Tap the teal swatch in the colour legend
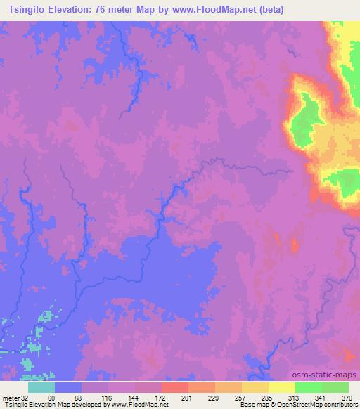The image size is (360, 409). point(41,387)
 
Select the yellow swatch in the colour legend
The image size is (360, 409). point(281,387)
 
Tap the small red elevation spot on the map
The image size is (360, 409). point(294,245)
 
